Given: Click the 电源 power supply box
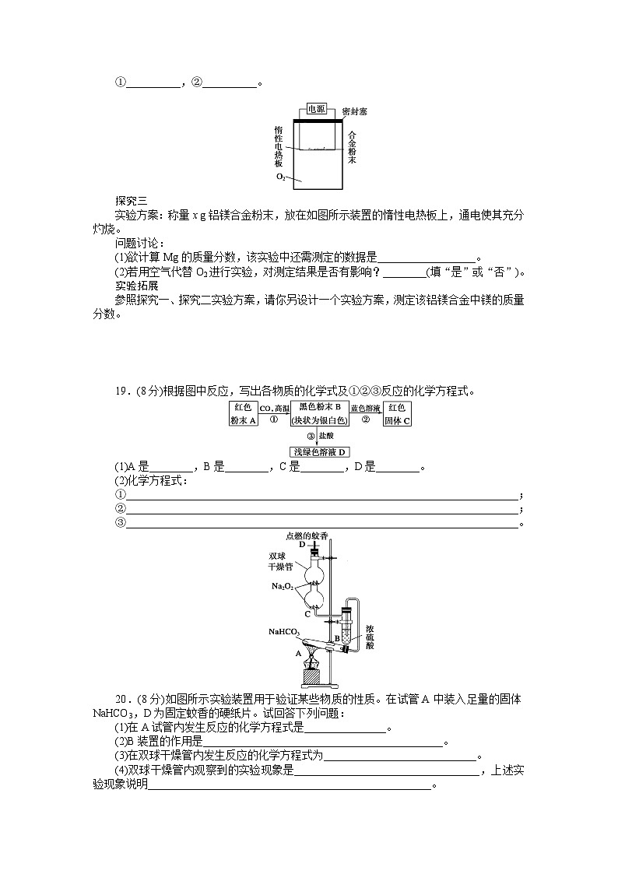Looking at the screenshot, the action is tap(316, 110).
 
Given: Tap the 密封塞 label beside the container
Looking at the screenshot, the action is tap(354, 111).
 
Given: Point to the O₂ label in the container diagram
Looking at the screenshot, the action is tap(281, 177).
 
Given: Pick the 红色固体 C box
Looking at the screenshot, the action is tap(397, 414).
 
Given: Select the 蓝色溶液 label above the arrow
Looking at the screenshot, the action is tap(365, 409).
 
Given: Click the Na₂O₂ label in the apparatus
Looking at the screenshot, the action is tap(282, 586).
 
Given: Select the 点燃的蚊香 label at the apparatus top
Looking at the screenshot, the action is tap(307, 535).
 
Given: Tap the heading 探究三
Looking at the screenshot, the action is tap(131, 200).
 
